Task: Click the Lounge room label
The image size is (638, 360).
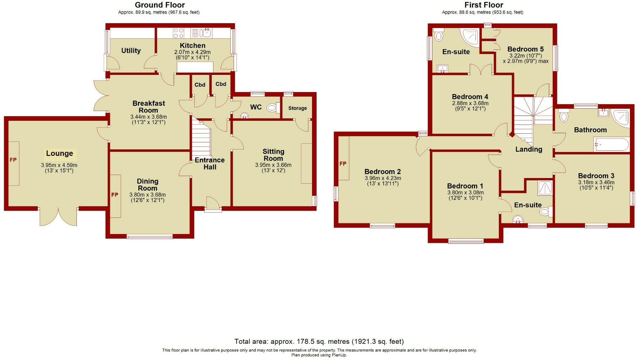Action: tap(60, 153)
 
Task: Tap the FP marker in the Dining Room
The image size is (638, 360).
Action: tap(115, 195)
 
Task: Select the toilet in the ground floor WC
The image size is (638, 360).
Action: tap(272, 108)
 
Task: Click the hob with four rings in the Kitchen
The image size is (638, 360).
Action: tap(178, 33)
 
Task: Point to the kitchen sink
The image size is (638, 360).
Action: tap(206, 33)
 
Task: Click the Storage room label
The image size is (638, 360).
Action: tap(297, 108)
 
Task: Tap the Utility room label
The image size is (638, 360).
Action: tap(131, 50)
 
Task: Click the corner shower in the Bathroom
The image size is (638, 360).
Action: tap(621, 117)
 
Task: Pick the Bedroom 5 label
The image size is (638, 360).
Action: tap(525, 49)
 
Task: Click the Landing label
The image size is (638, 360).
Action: tap(529, 149)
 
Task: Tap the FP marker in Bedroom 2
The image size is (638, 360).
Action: tap(343, 164)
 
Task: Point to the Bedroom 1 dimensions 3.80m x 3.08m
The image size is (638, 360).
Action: tap(465, 193)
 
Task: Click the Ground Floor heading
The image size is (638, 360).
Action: tap(160, 5)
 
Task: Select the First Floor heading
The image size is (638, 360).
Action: tap(483, 5)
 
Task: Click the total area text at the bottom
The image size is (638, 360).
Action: tap(319, 341)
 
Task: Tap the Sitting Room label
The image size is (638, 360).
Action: tap(273, 155)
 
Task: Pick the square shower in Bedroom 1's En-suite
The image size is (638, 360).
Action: tap(545, 188)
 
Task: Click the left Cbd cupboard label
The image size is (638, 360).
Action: tap(200, 85)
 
